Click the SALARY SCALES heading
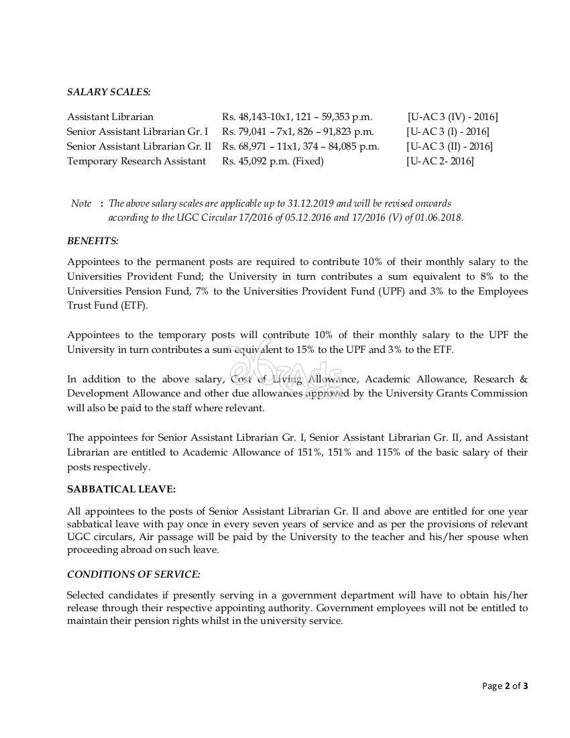coord(109,91)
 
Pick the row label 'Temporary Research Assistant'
coord(136,161)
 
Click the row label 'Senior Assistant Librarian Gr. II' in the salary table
coord(139,146)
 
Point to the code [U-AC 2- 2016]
coord(439,161)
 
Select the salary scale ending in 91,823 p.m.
coord(298,131)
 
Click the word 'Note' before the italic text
coord(81,203)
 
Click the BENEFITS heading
coord(93,240)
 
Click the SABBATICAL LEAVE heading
coord(121,490)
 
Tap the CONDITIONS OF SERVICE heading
coord(133,574)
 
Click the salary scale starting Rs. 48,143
coord(296,117)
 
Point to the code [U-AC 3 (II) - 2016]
coord(449,146)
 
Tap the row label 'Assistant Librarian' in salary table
coord(110,117)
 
